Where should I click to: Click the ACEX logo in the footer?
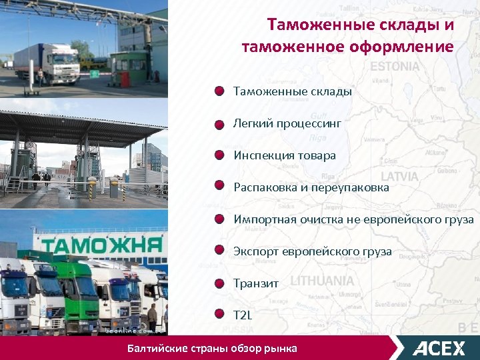point(439,348)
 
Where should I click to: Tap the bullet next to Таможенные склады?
point(219,92)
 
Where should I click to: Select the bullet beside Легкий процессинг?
point(219,124)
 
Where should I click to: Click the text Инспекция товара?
point(285,155)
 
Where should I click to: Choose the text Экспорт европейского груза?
point(313,251)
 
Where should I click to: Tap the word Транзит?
point(256,283)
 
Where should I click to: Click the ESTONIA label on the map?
point(395,67)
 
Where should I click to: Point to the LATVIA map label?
point(399,177)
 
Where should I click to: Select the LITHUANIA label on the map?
point(322,281)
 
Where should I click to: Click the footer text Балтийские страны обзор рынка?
point(212,349)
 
